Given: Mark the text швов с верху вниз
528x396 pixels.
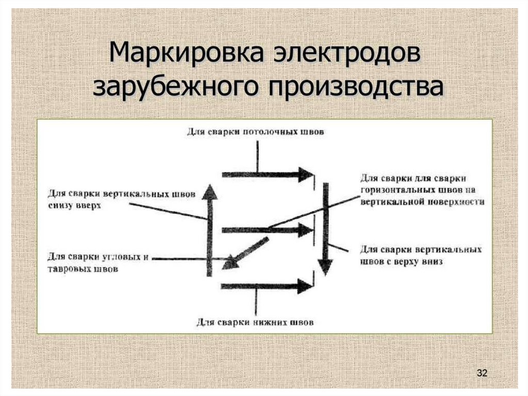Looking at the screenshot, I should click(x=402, y=262).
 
